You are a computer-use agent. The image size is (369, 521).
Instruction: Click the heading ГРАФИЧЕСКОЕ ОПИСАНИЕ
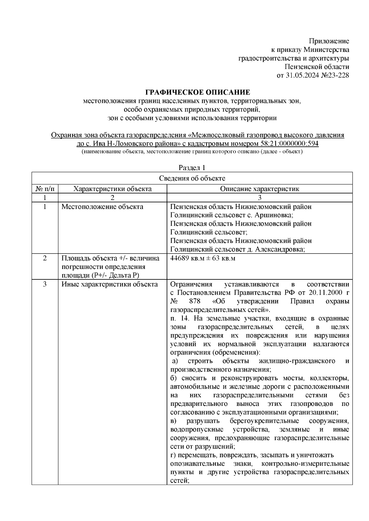197,92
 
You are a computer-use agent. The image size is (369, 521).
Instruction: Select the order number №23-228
333,75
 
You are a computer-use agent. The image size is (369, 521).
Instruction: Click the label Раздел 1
192,168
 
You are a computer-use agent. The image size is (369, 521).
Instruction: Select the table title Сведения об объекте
192,178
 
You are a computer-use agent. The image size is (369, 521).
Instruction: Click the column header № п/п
45,189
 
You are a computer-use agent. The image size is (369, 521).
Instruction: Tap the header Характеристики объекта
112,189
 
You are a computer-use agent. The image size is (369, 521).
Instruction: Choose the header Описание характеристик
259,189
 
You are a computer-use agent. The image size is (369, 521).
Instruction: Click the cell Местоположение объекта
102,207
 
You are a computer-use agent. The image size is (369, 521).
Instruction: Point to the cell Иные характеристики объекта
109,284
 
